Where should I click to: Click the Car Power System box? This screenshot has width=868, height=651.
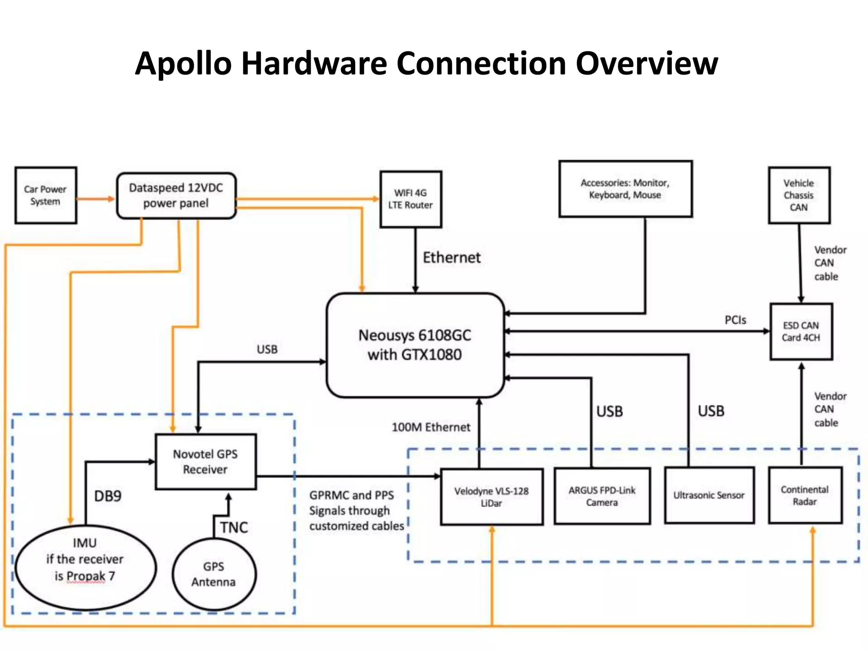(x=45, y=195)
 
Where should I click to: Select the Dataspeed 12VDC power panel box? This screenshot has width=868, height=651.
(x=176, y=195)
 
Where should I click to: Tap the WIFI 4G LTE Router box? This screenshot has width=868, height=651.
(x=410, y=199)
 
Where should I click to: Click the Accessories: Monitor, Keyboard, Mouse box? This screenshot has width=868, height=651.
(x=625, y=189)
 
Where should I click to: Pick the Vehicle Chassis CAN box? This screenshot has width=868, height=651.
(x=798, y=195)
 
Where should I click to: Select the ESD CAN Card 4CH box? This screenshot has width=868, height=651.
(x=801, y=331)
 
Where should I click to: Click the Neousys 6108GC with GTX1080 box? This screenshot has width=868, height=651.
(x=415, y=345)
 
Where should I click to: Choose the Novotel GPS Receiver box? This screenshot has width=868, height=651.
(x=206, y=462)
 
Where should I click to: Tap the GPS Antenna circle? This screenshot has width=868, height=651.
(x=214, y=574)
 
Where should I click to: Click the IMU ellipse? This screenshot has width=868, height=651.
(x=85, y=567)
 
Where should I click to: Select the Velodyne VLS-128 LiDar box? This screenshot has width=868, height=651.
(x=491, y=497)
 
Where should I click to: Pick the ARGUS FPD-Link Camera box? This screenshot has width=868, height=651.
(x=602, y=496)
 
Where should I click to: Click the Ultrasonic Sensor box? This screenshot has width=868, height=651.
(x=709, y=495)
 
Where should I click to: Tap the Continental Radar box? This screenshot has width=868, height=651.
(x=804, y=495)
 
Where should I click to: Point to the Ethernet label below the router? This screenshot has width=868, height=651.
(x=452, y=257)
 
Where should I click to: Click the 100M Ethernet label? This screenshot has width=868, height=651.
(x=431, y=427)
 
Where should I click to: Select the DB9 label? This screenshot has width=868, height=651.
(x=108, y=496)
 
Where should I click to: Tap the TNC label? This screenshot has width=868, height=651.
(x=234, y=527)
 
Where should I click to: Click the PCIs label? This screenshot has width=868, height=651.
(x=735, y=320)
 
